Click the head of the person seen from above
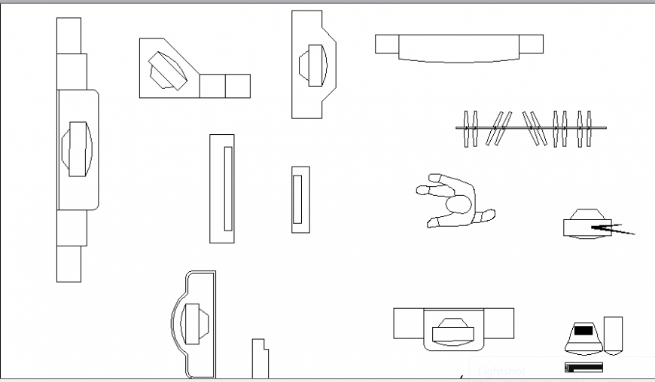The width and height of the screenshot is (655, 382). click(458, 204)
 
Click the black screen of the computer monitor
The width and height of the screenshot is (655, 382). click(583, 330)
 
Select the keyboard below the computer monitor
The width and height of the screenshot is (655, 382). click(583, 368)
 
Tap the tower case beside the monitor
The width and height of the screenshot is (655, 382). click(613, 335)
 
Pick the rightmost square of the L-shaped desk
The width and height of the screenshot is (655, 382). click(238, 86)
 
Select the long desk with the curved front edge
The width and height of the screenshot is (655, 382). click(458, 47)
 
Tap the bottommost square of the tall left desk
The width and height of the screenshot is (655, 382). click(69, 264)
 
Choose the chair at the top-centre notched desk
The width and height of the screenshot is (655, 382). click(313, 63)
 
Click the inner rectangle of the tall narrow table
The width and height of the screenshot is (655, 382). click(228, 188)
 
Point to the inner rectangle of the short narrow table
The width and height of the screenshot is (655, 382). click(297, 199)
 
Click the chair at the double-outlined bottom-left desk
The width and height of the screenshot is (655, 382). click(193, 323)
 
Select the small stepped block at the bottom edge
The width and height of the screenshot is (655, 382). click(260, 359)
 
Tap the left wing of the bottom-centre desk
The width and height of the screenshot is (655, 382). click(408, 323)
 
